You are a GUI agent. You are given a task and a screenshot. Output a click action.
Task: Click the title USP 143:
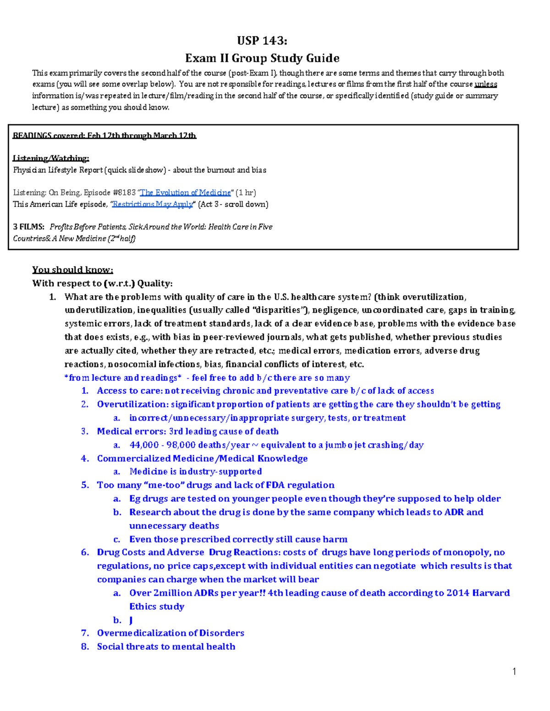pos(262,41)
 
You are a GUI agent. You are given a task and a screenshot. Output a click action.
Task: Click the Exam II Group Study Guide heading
pos(262,58)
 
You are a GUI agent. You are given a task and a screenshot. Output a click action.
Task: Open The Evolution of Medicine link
pos(186,193)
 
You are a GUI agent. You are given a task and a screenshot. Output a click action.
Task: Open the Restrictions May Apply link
pos(153,204)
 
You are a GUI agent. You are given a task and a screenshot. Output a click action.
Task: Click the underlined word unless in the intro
pos(486,84)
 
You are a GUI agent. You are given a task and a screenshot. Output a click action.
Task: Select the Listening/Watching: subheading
pos(51,158)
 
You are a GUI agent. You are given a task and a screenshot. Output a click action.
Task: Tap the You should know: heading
pos(72,270)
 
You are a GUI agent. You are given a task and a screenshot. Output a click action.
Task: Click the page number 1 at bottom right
pos(514,672)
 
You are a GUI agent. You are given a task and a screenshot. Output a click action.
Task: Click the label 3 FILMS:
pos(29,227)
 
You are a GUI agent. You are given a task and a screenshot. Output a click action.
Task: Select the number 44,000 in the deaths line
pos(144,445)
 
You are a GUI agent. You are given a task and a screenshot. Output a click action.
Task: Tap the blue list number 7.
pos(85,633)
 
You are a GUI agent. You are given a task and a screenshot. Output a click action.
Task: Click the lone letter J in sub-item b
pos(131,620)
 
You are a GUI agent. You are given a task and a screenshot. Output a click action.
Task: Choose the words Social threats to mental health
pos(166,646)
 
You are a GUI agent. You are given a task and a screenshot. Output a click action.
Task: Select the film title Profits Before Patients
pos(87,227)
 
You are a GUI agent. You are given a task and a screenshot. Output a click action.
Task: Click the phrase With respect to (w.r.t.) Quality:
pos(102,283)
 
